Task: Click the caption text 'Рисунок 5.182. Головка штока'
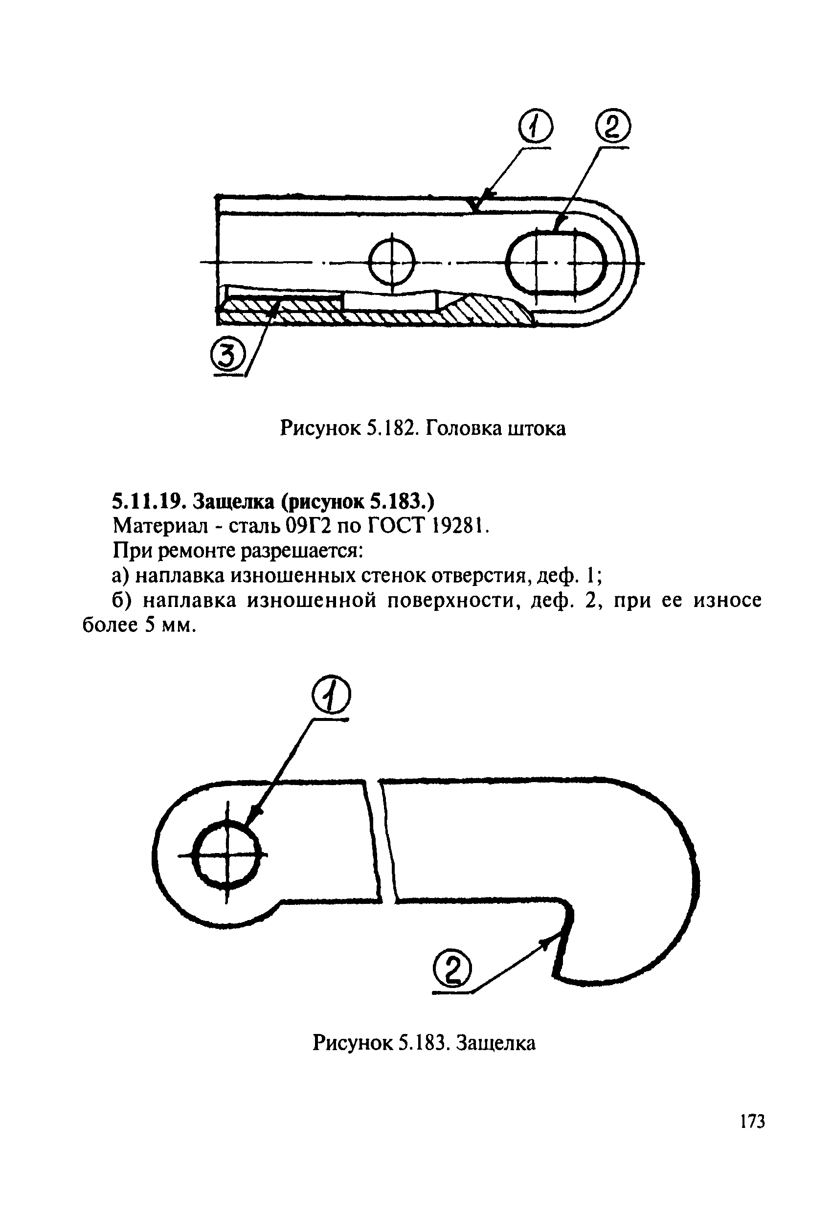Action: [423, 429]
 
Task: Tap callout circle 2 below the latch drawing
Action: [452, 970]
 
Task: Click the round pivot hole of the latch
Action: [226, 854]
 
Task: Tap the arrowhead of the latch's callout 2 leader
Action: [545, 940]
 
